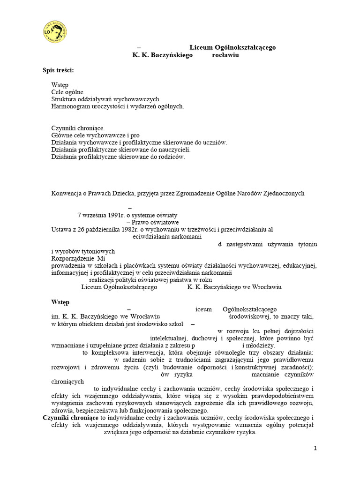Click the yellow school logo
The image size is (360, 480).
[53, 32]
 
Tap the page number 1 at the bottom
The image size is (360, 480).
[315, 449]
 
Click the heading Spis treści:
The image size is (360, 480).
[58, 70]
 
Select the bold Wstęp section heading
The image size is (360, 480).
[60, 302]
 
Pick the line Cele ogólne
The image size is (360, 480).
[67, 92]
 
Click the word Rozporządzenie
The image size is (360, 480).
[72, 258]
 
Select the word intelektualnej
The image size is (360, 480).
[169, 337]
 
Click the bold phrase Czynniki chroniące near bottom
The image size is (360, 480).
[70, 418]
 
